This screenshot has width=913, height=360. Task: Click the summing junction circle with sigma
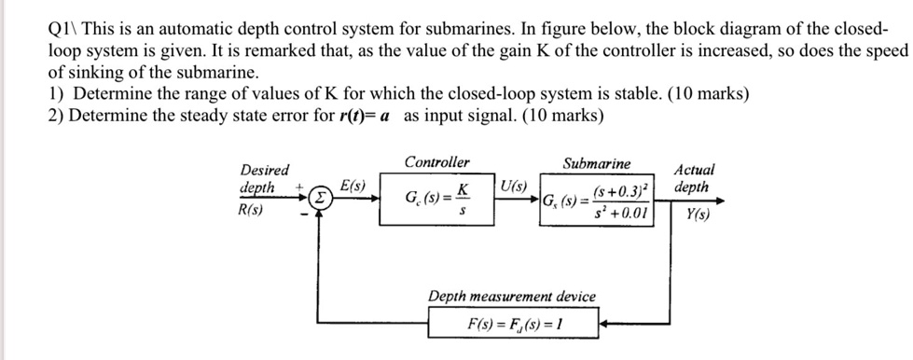pos(320,199)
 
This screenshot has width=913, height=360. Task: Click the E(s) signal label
pos(352,187)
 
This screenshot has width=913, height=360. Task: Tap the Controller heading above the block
pos(437,162)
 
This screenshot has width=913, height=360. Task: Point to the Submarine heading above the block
pos(596,163)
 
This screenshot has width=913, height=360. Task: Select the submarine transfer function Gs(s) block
pos(601,200)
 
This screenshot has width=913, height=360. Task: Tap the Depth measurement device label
pos(511,297)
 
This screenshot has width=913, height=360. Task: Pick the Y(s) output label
pos(696,210)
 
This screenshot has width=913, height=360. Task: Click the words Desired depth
pos(264,179)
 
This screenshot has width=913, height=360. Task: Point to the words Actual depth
pos(695,178)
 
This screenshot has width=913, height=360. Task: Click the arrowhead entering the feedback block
pos(603,325)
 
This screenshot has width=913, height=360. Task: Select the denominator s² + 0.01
pos(618,214)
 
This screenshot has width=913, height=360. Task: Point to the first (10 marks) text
pos(712,95)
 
